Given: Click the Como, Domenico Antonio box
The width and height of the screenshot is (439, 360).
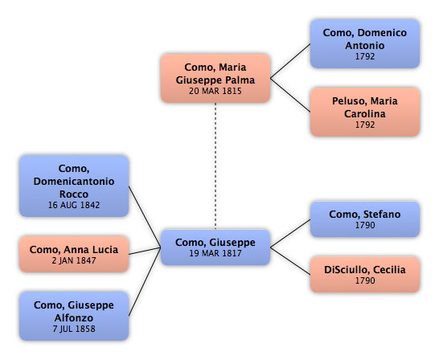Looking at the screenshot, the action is tap(365, 44).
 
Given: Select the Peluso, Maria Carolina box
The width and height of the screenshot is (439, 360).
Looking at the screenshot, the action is tap(365, 112).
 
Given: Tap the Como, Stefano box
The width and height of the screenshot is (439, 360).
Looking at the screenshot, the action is tap(365, 219).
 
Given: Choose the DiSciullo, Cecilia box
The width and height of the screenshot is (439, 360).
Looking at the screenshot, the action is tap(365, 275).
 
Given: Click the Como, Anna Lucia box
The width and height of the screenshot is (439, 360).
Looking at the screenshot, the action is tap(74, 254).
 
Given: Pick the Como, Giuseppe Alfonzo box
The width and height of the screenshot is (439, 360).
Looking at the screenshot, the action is tap(74, 317).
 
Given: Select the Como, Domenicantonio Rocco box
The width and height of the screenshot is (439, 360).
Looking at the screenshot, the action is tap(74, 186).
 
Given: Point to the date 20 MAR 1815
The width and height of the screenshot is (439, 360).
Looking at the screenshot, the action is tap(215, 91).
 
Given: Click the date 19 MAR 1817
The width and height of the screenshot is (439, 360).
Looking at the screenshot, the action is tap(215, 253).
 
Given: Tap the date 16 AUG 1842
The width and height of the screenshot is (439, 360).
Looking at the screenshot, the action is tap(74, 205).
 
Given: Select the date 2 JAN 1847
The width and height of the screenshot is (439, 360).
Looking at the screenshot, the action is tap(74, 260).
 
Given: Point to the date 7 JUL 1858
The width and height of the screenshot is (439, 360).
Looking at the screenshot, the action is tap(74, 329).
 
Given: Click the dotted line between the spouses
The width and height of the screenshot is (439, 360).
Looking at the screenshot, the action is tap(215, 166).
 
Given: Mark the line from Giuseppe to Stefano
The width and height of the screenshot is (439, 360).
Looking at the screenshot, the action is tap(290, 234).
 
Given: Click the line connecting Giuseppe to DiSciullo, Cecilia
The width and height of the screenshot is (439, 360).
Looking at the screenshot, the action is tap(290, 261).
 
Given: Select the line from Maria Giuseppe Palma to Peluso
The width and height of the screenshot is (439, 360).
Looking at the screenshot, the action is tap(290, 95).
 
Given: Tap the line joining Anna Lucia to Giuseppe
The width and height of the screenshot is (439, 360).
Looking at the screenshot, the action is tap(145, 251).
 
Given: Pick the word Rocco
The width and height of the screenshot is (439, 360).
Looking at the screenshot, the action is tap(74, 194).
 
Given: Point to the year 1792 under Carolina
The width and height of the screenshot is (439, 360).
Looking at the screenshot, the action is tap(365, 125).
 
